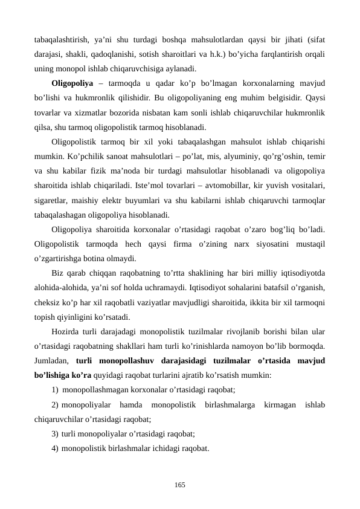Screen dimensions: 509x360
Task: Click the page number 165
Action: (x=179, y=485)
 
